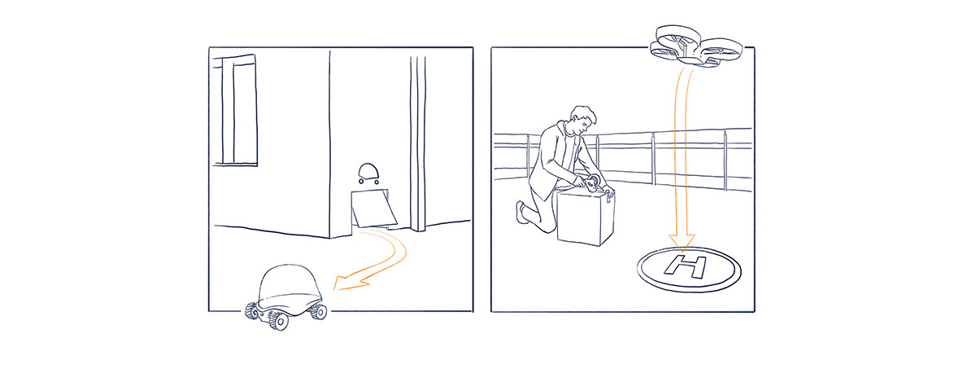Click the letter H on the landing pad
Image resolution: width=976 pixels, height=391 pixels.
pos(685,266)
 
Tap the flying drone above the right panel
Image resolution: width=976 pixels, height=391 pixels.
pos(696,46)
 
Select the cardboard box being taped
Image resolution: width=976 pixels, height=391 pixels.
pos(586,217)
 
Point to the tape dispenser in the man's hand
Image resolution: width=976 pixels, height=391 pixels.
pos(593,184)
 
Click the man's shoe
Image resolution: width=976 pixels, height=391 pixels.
pos(521,212)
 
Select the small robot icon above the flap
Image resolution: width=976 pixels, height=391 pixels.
pos(368,174)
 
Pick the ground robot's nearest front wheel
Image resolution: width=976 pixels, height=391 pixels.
pos(279,320)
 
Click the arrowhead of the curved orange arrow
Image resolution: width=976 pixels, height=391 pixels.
pos(350,283)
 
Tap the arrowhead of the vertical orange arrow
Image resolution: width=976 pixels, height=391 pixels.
pos(682,243)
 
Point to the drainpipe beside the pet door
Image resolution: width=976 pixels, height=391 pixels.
pos(417,143)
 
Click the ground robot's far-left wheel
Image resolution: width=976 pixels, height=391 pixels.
pos(251,310)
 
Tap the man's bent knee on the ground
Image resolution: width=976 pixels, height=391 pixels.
pos(547,226)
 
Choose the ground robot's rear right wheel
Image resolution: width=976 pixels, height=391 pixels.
pos(319,311)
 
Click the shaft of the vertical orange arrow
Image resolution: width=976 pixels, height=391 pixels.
pos(682,153)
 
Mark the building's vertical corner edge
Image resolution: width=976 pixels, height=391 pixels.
pos(329,144)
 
